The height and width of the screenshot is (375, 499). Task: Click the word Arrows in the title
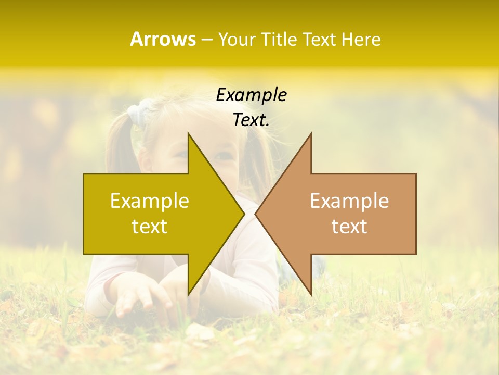[x=163, y=39]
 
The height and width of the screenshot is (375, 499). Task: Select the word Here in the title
[x=361, y=40]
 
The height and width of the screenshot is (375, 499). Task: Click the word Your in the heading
[x=237, y=40]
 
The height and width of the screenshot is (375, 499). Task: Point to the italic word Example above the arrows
[x=251, y=95]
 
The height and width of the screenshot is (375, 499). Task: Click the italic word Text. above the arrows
[x=251, y=120]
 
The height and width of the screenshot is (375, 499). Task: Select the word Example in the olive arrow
[x=150, y=201]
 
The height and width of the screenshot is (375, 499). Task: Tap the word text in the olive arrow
[x=150, y=226]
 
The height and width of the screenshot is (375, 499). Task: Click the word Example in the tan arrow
[x=349, y=201]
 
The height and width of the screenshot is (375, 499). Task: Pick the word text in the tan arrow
[x=349, y=226]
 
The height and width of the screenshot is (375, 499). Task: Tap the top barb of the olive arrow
[x=189, y=136]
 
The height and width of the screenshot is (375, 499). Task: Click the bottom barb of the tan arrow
[x=310, y=292]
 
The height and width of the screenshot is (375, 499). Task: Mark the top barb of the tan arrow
[x=310, y=136]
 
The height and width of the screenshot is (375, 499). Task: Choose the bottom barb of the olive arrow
[x=189, y=292]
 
